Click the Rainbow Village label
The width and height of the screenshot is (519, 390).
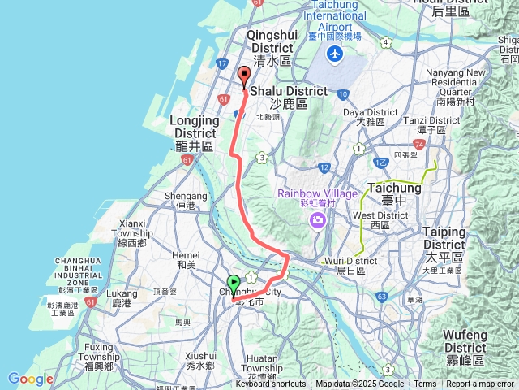(x=312, y=193)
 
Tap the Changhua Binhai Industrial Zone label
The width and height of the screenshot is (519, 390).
(x=70, y=271)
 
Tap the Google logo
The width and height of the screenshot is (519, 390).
(x=30, y=379)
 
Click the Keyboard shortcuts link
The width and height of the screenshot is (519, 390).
(x=271, y=384)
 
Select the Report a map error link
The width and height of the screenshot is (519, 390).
(x=480, y=384)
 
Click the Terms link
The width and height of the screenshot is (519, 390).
(x=425, y=384)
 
